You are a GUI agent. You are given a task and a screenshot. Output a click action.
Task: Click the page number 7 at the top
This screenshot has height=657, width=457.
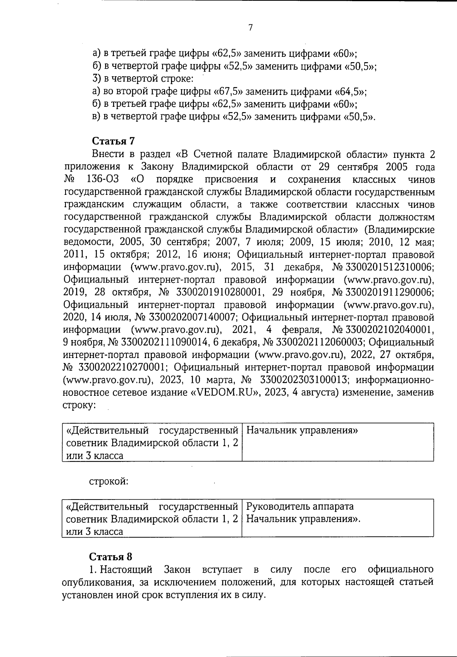pyautogui.click(x=250, y=28)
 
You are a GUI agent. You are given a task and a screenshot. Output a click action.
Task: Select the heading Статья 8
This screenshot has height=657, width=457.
pyautogui.click(x=111, y=556)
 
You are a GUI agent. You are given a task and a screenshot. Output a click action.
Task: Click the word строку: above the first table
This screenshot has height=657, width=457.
pyautogui.click(x=79, y=405)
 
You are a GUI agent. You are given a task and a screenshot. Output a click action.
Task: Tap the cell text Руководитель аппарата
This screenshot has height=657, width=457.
pyautogui.click(x=300, y=506)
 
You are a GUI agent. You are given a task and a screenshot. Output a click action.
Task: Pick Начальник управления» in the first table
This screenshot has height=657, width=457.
pyautogui.click(x=302, y=431)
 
